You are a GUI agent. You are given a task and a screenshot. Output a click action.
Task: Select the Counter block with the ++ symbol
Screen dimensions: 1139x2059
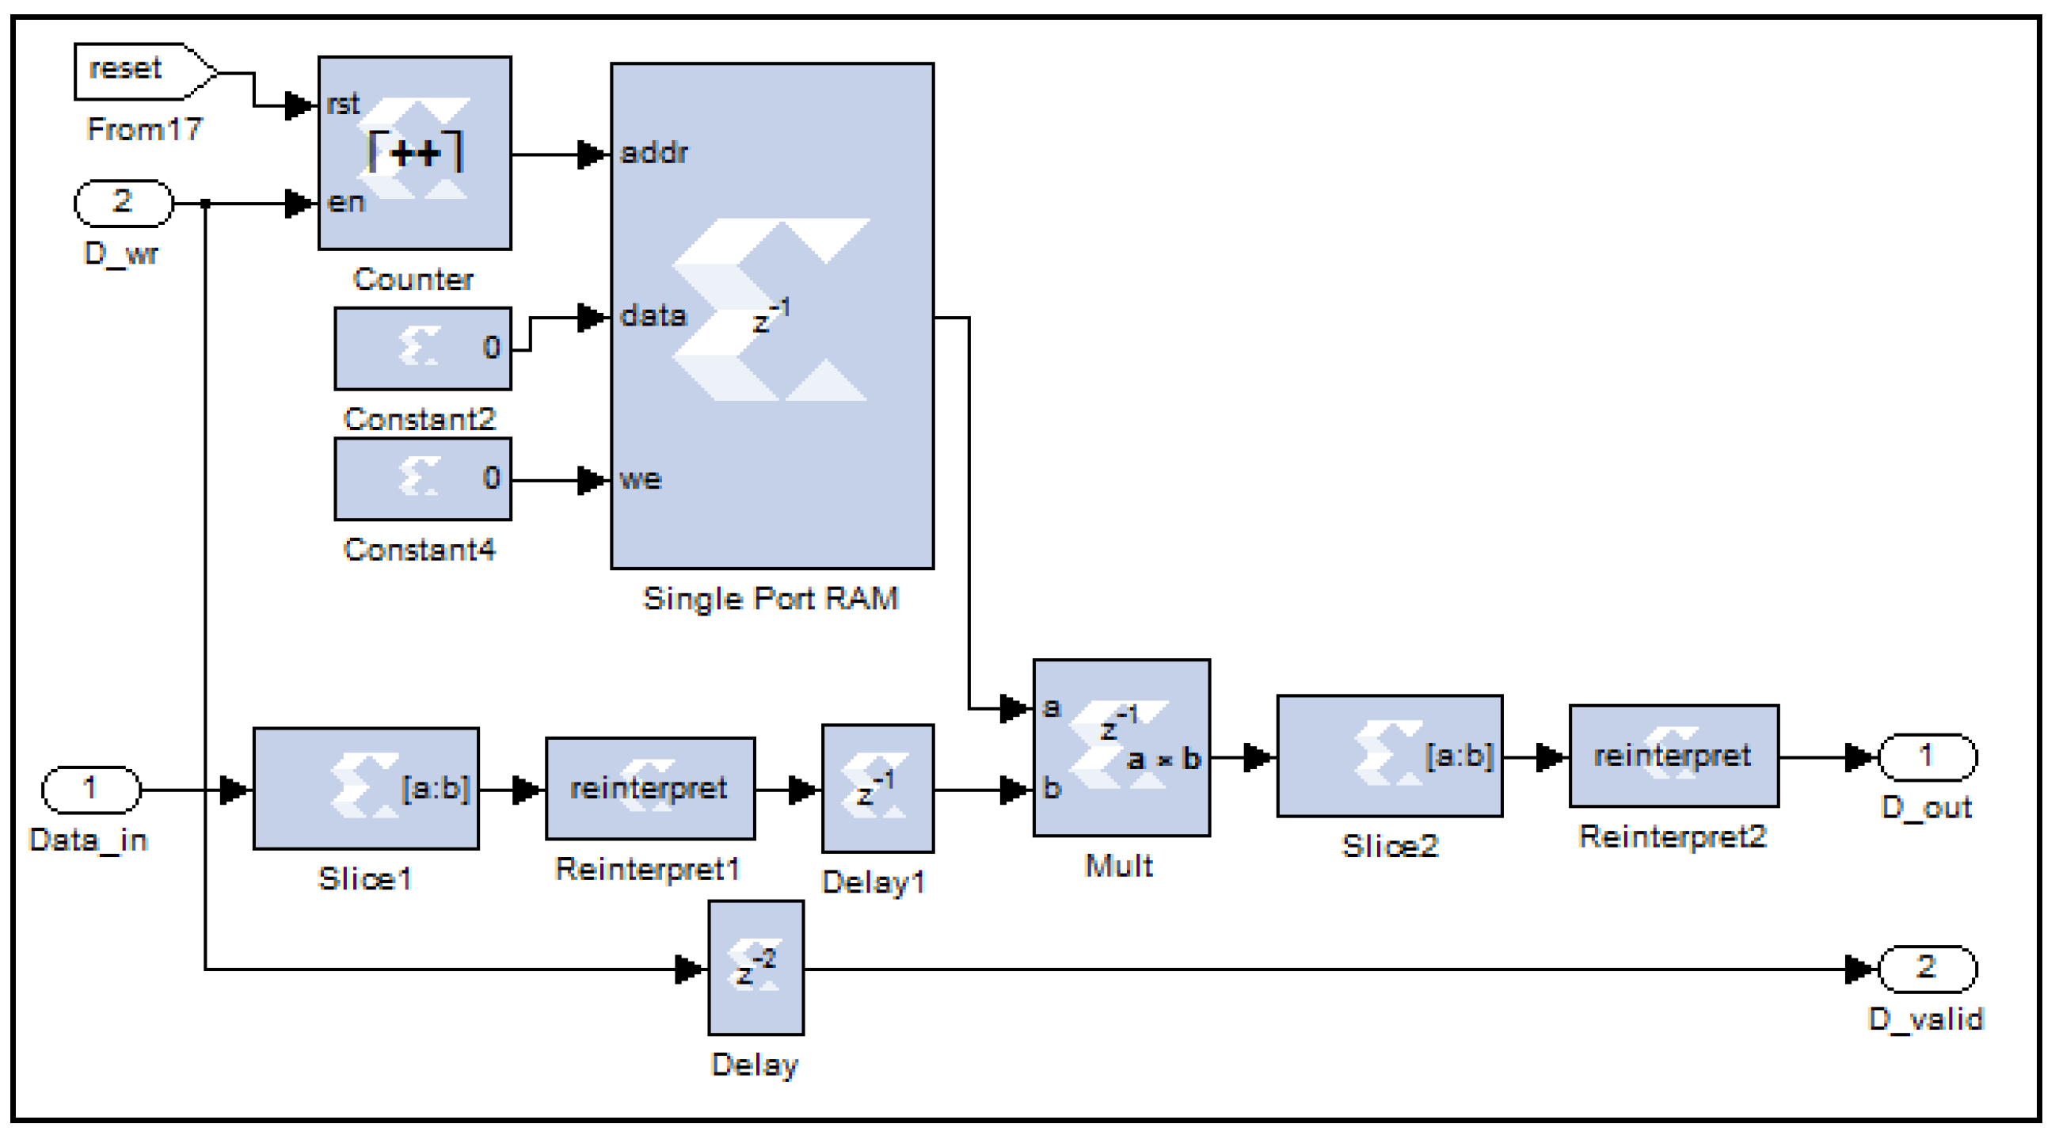pos(414,153)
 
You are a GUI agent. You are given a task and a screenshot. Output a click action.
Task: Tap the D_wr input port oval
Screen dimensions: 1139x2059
pos(123,203)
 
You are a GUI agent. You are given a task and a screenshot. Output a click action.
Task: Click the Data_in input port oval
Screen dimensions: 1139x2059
pos(91,789)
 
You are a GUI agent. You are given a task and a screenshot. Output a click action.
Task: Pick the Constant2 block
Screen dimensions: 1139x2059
pos(422,349)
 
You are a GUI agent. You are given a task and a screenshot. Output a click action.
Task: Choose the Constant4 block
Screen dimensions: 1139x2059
pos(422,478)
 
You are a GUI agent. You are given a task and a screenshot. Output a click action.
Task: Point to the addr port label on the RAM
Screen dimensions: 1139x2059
pos(653,153)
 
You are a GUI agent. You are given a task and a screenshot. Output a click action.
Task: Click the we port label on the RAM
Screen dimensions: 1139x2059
pos(640,479)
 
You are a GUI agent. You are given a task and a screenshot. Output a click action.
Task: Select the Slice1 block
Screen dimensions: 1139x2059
pos(365,788)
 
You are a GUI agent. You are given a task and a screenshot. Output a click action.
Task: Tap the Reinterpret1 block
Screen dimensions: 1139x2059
pos(649,788)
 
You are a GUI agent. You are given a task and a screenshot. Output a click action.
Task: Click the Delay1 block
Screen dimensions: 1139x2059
pos(877,788)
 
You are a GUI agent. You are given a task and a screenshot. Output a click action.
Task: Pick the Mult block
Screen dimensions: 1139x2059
pos(1121,748)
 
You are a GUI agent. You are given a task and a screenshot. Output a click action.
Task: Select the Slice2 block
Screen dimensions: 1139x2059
pos(1388,756)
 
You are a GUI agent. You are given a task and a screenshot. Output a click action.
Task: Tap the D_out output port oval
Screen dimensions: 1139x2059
pos(1926,756)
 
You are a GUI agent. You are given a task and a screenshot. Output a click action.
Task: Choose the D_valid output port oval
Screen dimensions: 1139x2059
pos(1926,968)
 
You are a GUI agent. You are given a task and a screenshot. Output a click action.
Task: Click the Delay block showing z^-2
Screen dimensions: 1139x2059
pos(755,967)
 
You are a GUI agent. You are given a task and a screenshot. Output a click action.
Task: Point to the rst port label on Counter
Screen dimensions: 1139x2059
pos(343,104)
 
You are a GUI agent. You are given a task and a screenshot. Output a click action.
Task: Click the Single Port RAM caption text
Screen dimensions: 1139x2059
pos(771,599)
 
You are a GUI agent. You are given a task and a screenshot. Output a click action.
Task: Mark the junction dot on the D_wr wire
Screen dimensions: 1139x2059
pos(205,204)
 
